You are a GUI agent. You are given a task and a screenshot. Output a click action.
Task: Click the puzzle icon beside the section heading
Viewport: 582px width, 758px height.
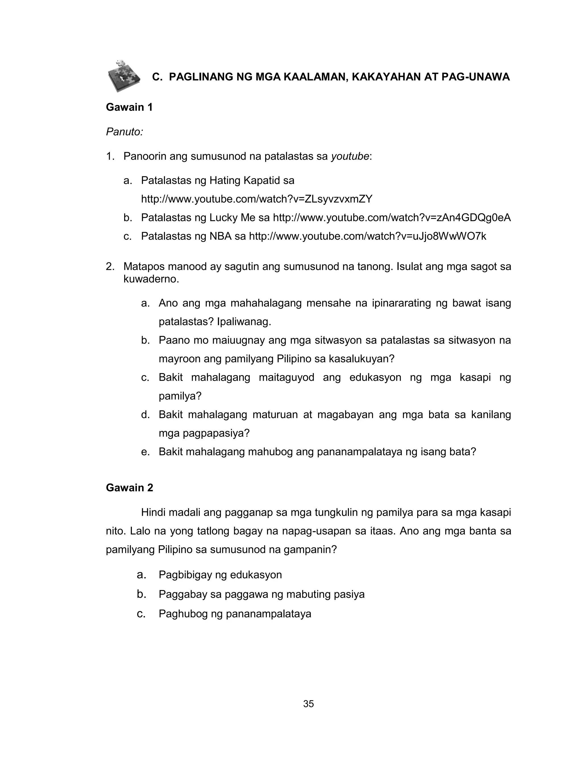[x=124, y=76]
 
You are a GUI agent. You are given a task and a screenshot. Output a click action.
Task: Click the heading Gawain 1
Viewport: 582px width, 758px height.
[x=129, y=107]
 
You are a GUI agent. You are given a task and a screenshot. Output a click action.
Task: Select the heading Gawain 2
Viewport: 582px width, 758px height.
[x=129, y=488]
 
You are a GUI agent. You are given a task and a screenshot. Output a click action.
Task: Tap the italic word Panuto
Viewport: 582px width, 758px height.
[x=124, y=132]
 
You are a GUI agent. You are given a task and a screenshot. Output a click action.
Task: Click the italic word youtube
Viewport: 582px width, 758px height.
[x=350, y=156]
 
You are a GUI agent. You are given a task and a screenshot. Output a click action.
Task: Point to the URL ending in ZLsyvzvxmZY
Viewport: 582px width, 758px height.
[x=257, y=199]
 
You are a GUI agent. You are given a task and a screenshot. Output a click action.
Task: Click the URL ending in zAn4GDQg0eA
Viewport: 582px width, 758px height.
[x=392, y=218]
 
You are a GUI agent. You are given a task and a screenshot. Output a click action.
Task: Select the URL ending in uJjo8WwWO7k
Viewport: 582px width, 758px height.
[x=367, y=236]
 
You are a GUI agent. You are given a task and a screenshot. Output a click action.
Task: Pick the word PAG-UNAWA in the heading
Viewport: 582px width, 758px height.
[x=475, y=77]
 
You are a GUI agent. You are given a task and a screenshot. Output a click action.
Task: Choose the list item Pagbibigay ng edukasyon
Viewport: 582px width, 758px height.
[x=220, y=575]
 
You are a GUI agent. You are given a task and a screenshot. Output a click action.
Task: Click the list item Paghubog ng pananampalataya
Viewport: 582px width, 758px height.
[x=235, y=614]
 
